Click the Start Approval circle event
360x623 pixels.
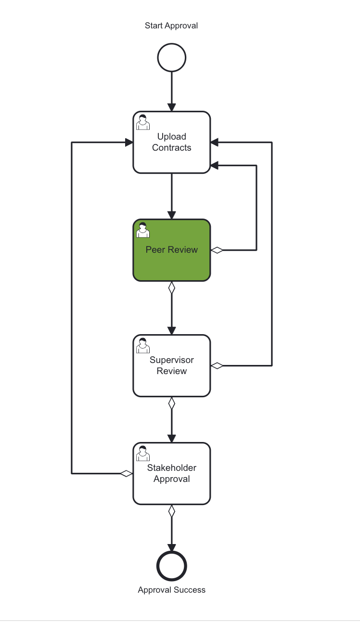[x=171, y=58]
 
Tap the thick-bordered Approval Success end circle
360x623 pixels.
[x=171, y=566]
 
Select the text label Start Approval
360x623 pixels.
[x=171, y=26]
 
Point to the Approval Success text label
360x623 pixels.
[x=171, y=590]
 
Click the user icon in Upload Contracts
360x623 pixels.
[x=143, y=123]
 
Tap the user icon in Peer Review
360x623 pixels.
[x=143, y=231]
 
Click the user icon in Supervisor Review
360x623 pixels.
[x=143, y=346]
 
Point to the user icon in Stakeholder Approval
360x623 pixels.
[x=143, y=454]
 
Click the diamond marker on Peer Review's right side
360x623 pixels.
[x=218, y=250]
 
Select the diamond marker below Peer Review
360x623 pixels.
[x=171, y=288]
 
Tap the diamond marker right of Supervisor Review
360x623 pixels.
[x=218, y=365]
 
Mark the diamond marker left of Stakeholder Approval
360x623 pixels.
[x=126, y=473]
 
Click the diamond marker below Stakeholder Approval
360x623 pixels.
[x=171, y=511]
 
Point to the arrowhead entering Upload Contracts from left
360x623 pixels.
[x=129, y=143]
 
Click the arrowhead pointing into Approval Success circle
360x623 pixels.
[x=171, y=547]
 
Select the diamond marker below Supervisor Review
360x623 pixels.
[x=171, y=403]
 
